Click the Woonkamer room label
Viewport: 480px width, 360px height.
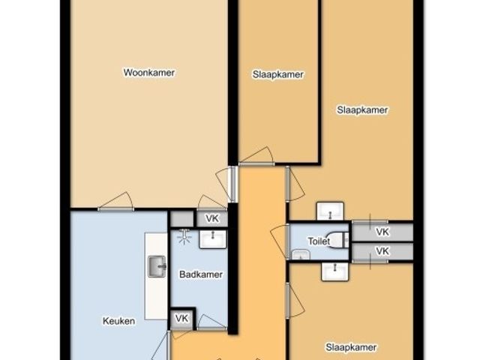point(149,73)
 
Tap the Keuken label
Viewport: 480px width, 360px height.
point(118,321)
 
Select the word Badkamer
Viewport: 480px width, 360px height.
point(201,274)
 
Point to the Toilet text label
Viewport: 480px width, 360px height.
point(319,241)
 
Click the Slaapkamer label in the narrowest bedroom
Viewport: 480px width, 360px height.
point(278,74)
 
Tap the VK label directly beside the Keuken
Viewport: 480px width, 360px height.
point(181,318)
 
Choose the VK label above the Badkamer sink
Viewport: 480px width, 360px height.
point(212,218)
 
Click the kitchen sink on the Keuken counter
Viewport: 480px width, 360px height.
point(157,267)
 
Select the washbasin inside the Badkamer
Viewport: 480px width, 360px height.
point(213,239)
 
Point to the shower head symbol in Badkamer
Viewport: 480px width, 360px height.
point(184,236)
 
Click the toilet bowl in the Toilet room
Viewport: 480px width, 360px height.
point(339,240)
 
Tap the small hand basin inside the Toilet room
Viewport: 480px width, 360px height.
point(301,255)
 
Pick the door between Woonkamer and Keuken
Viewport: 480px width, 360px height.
point(115,202)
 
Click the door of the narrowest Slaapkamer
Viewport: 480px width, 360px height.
point(256,156)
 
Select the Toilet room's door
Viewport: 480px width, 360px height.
point(280,241)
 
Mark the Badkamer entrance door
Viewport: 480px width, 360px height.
point(211,323)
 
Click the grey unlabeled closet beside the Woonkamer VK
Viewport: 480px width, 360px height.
point(182,219)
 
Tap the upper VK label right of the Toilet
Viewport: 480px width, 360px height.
point(382,232)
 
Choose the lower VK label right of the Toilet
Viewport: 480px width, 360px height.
point(382,251)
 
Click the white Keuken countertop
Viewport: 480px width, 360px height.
point(156,276)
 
